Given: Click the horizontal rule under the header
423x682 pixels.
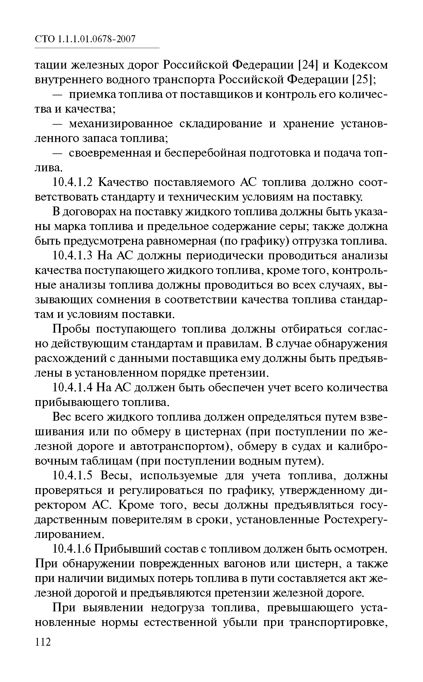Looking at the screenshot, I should [x=97, y=48].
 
